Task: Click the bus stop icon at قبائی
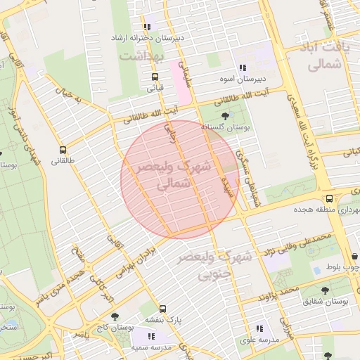pyautogui.click(x=155, y=77)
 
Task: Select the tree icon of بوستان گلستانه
pyautogui.click(x=224, y=115)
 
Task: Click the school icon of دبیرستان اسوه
pyautogui.click(x=242, y=68)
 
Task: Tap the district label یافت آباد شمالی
pyautogui.click(x=324, y=56)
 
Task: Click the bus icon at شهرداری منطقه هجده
pyautogui.click(x=329, y=199)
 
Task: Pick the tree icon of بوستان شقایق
pyautogui.click(x=325, y=290)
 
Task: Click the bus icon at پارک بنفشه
pyautogui.click(x=163, y=309)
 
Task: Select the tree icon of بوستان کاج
pyautogui.click(x=115, y=316)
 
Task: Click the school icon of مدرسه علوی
pyautogui.click(x=259, y=328)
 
